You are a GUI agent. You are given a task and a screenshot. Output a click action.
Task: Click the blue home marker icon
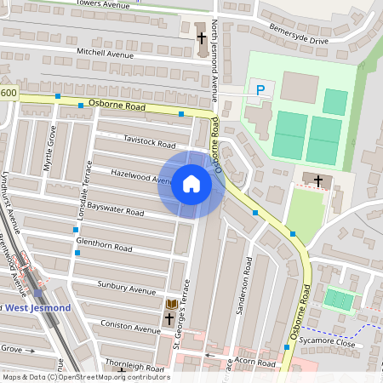[x=191, y=184]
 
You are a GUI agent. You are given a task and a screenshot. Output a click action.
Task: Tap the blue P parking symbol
[x=260, y=89]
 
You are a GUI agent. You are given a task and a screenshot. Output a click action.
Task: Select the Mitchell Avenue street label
[x=106, y=53]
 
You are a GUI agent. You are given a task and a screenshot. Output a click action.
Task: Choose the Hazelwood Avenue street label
[x=141, y=176]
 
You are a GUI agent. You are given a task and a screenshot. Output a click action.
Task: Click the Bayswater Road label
[x=115, y=207]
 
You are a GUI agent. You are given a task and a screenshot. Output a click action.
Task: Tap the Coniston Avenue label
[x=130, y=326]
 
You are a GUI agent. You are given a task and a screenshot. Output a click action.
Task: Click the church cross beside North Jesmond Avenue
[x=202, y=38]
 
